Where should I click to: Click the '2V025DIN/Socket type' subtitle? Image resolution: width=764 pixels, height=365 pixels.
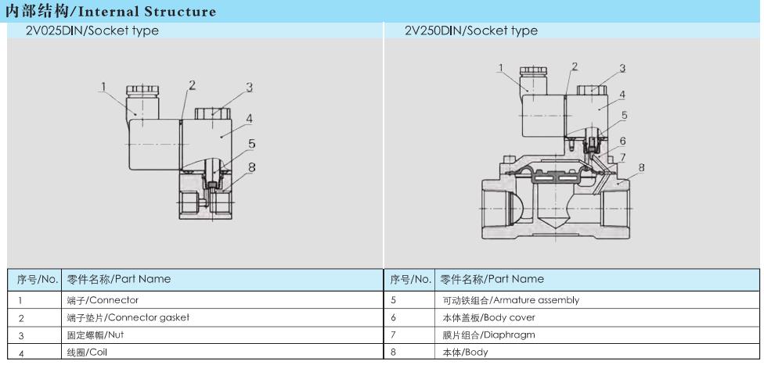pyautogui.click(x=92, y=30)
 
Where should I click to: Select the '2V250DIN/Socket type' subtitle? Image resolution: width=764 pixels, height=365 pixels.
pyautogui.click(x=471, y=30)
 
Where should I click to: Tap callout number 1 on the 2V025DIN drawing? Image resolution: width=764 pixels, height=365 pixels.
pyautogui.click(x=103, y=87)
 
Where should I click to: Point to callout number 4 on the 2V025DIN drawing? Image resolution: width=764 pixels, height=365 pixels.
pyautogui.click(x=249, y=119)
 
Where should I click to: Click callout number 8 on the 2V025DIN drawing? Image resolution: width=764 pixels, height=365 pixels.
pyautogui.click(x=251, y=167)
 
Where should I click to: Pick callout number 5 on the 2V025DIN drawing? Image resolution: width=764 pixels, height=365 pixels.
pyautogui.click(x=251, y=144)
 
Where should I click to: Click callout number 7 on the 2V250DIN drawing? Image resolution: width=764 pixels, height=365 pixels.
pyautogui.click(x=622, y=156)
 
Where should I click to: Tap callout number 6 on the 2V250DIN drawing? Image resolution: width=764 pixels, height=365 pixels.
pyautogui.click(x=622, y=141)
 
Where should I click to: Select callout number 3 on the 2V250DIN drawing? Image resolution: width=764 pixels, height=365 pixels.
pyautogui.click(x=622, y=68)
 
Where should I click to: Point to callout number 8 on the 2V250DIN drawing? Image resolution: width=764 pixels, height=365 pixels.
pyautogui.click(x=642, y=167)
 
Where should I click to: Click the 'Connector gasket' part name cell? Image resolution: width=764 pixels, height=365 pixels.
pyautogui.click(x=128, y=318)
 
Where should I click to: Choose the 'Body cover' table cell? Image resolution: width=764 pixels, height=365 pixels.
pyautogui.click(x=487, y=318)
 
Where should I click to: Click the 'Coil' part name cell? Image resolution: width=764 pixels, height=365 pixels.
pyautogui.click(x=86, y=352)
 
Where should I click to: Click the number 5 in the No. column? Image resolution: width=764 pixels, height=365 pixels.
pyautogui.click(x=394, y=300)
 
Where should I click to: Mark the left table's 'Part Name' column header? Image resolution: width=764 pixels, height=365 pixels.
pyautogui.click(x=118, y=279)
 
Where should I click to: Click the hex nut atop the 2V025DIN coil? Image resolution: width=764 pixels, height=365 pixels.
pyautogui.click(x=212, y=114)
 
